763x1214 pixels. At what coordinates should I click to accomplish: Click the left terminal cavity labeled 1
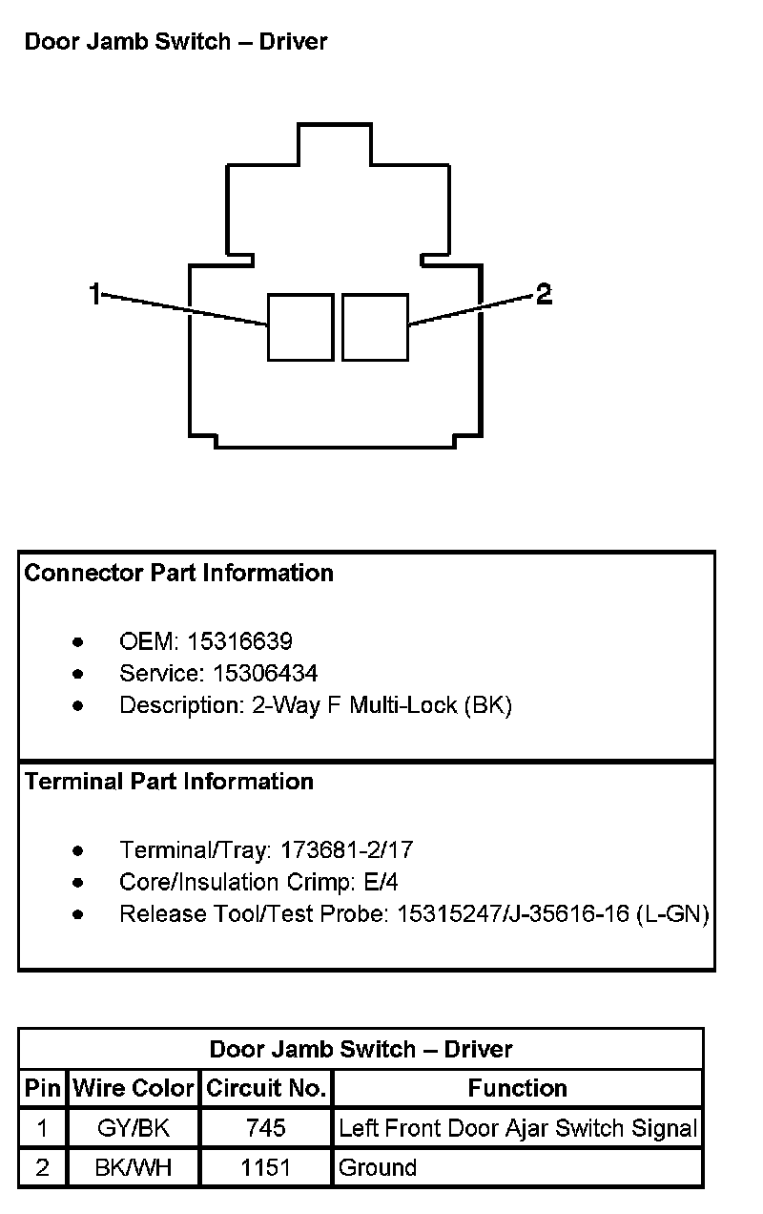(x=300, y=327)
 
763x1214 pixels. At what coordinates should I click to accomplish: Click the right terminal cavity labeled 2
(x=375, y=327)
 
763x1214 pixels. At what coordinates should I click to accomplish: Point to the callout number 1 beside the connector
(x=94, y=295)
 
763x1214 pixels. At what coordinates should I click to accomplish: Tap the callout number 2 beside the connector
(x=544, y=295)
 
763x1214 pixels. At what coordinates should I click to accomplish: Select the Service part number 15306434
(x=265, y=674)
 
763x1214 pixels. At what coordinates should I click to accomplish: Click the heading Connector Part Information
(x=179, y=573)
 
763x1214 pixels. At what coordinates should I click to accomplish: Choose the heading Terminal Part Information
(x=169, y=782)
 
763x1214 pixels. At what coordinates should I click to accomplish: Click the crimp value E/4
(x=380, y=882)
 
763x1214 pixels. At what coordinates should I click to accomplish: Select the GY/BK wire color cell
(x=134, y=1129)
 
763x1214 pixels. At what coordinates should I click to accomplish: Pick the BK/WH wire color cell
(x=134, y=1167)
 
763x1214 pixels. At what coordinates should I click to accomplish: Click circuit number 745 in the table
(x=265, y=1129)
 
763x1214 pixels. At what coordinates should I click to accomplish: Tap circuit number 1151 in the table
(x=265, y=1167)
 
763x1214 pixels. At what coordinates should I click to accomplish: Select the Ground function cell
(x=378, y=1167)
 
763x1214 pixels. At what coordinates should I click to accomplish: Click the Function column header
(x=518, y=1088)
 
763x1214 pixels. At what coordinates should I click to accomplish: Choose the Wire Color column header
(x=134, y=1088)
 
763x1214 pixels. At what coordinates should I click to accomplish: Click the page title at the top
(x=175, y=42)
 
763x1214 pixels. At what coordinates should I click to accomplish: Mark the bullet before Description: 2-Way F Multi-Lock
(x=78, y=706)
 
